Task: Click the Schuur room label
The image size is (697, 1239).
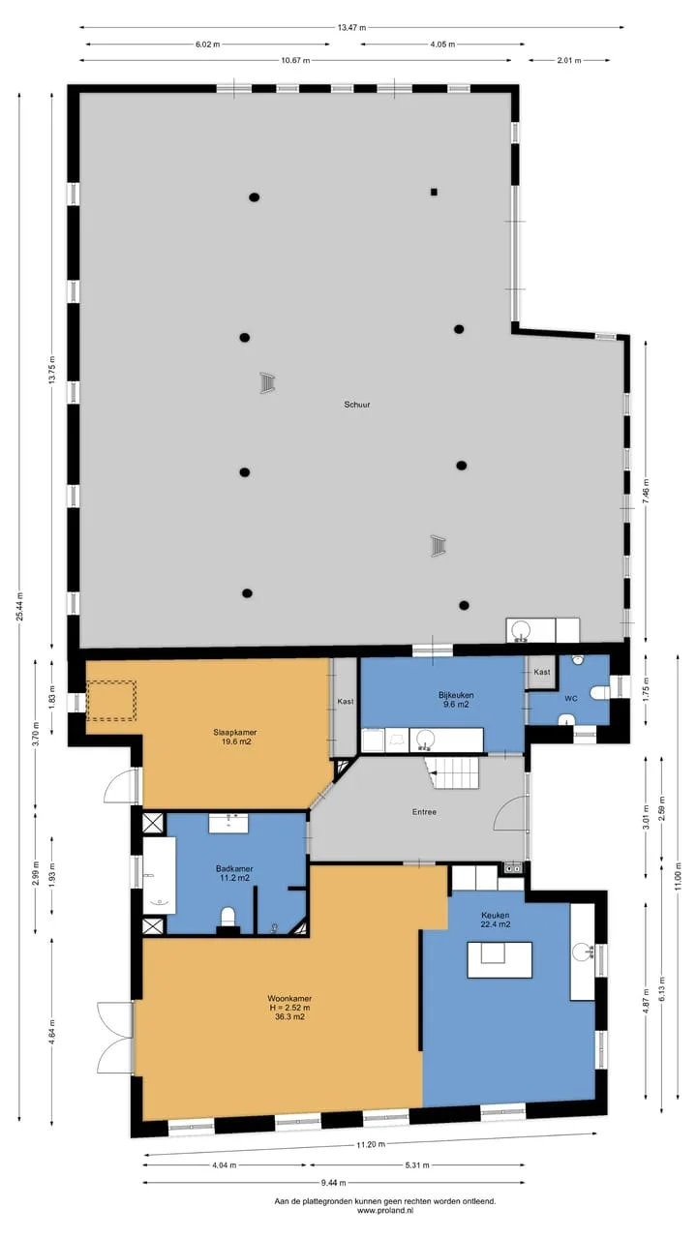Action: [357, 405]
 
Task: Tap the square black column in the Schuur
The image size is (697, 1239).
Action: [435, 193]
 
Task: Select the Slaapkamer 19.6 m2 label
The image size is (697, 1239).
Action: [235, 737]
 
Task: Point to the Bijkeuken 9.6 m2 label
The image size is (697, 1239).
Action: [456, 700]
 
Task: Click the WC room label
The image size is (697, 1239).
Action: [571, 699]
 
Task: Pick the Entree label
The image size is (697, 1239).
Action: [424, 812]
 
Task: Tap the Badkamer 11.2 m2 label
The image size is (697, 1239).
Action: [234, 873]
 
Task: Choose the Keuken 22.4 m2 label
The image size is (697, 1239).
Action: [495, 920]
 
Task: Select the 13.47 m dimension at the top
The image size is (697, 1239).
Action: [351, 27]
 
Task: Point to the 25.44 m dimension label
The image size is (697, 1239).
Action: [20, 607]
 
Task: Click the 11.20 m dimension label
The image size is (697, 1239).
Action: [371, 1144]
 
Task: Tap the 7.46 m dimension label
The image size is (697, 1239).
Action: [646, 491]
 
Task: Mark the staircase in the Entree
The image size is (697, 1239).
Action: [452, 772]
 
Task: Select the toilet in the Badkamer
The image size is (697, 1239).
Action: [227, 917]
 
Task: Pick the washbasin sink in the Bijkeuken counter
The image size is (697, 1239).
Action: [425, 739]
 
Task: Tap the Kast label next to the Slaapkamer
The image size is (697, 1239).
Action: [346, 702]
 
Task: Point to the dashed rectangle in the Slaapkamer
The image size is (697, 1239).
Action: [111, 700]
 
